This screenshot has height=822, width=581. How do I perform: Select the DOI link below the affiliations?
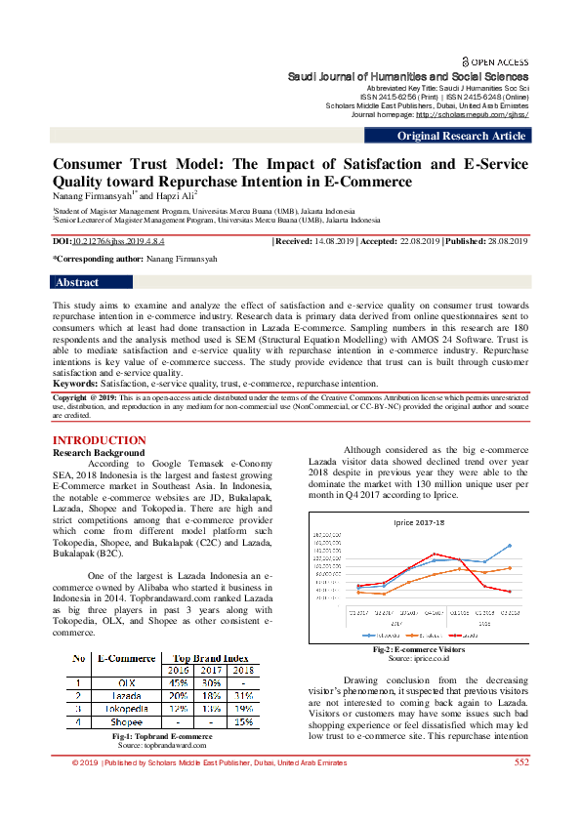point(109,239)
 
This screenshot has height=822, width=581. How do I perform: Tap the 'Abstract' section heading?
point(77,282)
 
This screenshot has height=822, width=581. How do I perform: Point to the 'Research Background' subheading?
point(98,453)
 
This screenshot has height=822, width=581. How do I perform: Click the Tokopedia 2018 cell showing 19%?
point(243,709)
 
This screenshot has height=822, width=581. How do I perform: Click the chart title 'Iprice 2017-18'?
point(418,523)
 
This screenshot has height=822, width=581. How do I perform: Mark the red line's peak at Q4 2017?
point(435,554)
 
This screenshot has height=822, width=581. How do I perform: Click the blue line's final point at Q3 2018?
point(510,546)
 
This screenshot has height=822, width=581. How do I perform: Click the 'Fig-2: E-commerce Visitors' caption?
point(419,649)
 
